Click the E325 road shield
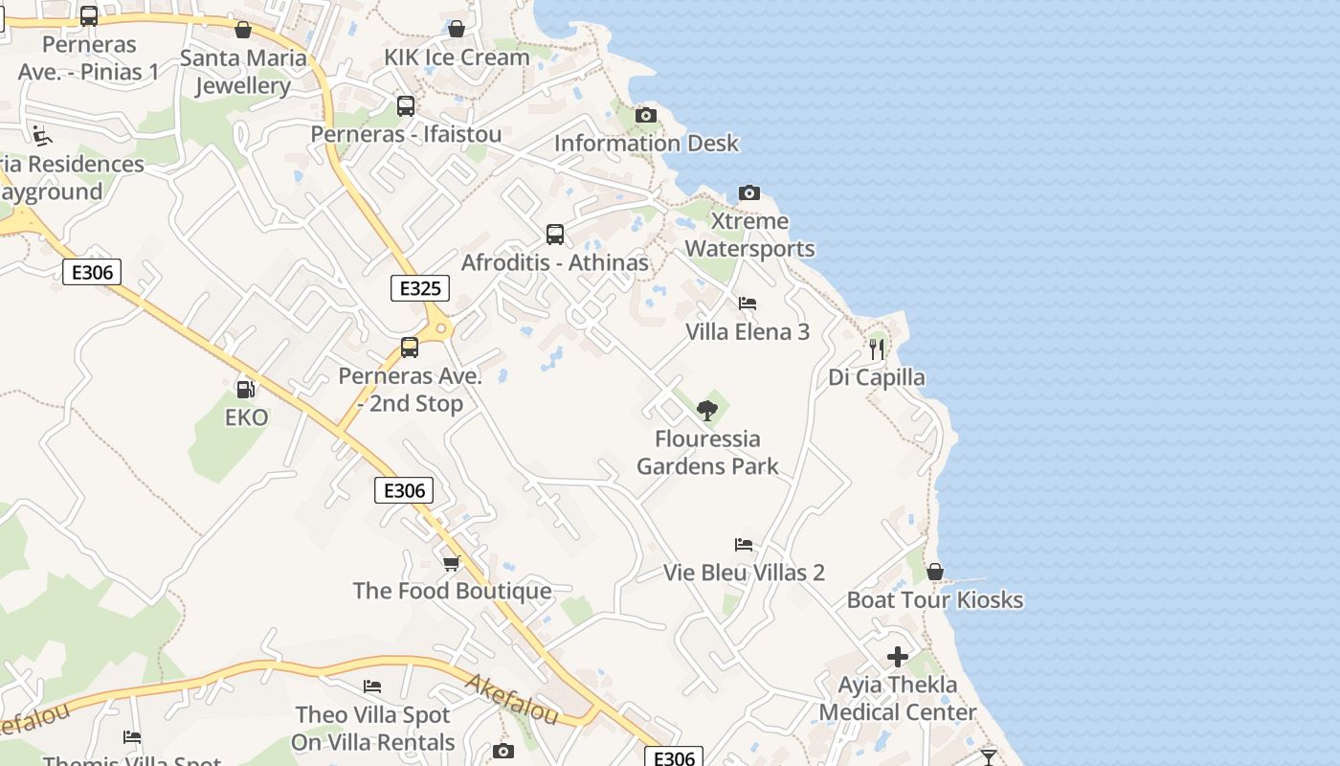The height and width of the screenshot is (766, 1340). point(420,288)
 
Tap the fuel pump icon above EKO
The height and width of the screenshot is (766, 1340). point(245,389)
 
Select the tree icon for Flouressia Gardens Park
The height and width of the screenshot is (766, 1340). point(707,411)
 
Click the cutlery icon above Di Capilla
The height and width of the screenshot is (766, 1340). point(877,349)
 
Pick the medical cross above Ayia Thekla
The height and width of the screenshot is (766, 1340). point(898,657)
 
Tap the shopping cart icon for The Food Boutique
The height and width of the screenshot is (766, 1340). point(452,563)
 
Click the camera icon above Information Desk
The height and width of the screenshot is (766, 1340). point(646,116)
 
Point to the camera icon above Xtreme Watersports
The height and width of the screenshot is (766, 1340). point(749,193)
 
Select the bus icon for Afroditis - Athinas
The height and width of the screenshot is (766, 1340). point(554,235)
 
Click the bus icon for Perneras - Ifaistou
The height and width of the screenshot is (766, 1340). point(406,106)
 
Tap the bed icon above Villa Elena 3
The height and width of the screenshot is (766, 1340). point(748,304)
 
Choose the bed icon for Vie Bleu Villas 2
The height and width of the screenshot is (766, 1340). point(744,545)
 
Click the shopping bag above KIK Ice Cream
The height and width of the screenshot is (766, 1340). point(457,29)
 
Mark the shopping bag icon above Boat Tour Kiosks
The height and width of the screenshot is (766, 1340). point(935,573)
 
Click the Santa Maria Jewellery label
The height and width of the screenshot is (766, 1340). point(243,72)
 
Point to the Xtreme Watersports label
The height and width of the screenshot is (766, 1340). point(750,236)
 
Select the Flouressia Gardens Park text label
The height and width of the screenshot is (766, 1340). point(707,453)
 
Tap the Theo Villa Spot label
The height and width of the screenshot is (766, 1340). point(373,715)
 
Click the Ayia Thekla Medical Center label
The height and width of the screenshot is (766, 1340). point(898,699)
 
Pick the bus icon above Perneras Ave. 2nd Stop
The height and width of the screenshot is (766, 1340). point(410,348)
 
